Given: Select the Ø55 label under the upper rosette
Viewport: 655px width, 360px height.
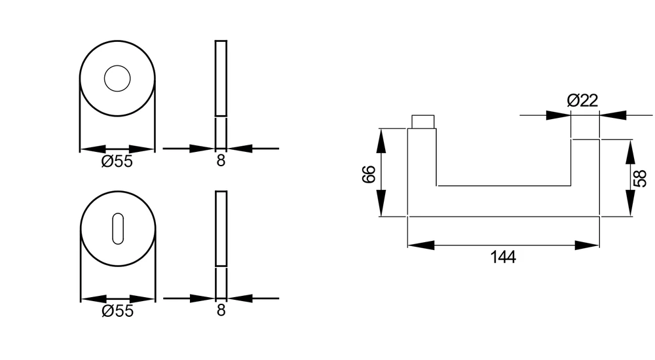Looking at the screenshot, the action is click(x=117, y=162).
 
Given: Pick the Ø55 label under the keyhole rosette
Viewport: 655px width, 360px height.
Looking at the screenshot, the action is click(x=117, y=311).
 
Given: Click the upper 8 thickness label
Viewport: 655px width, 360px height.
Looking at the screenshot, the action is click(x=221, y=160).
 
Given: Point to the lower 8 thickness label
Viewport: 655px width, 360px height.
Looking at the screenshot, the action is click(x=221, y=310).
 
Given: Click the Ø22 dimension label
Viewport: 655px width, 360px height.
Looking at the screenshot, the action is click(x=582, y=100).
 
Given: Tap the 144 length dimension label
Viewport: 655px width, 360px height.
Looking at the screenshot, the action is click(x=503, y=257).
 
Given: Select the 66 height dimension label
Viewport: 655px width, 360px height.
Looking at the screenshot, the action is click(x=369, y=174).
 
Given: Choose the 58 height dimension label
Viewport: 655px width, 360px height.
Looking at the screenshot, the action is click(x=640, y=178).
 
